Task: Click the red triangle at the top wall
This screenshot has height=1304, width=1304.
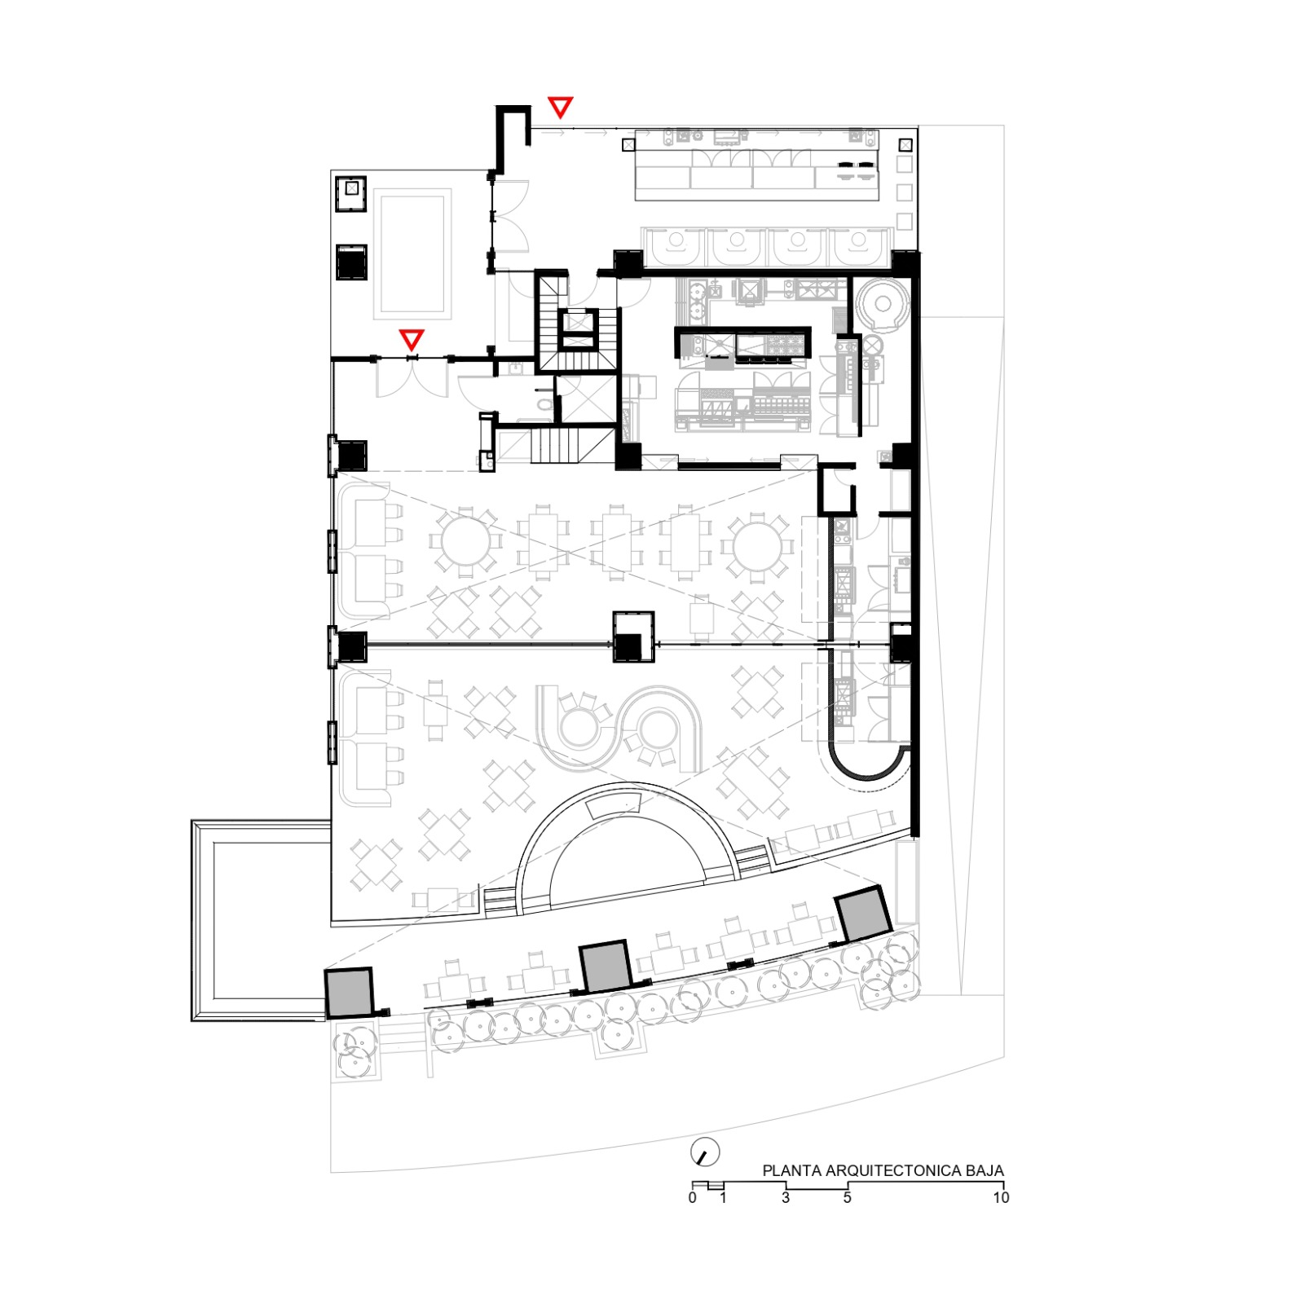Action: pos(560,107)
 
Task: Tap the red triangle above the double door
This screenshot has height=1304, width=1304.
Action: pos(412,340)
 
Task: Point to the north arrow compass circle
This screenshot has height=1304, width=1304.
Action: pos(706,1152)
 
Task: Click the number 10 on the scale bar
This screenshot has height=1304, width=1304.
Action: pos(1001,1197)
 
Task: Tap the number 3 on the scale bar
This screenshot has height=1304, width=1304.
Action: pos(786,1197)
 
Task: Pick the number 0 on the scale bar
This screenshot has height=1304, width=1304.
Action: pos(693,1197)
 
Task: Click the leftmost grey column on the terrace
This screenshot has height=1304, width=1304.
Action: pos(349,992)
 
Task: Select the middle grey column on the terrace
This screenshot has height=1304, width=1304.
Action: pos(605,967)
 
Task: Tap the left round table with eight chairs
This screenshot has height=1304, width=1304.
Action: pos(465,541)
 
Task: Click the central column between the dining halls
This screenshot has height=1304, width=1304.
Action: pos(634,637)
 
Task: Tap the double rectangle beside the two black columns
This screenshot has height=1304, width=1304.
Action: pos(412,254)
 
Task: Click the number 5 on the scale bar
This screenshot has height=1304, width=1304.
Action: pos(848,1197)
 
